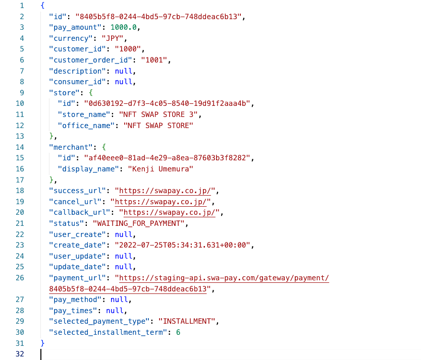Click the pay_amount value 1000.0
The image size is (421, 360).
tap(123, 27)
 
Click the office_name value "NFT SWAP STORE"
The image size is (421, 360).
tap(158, 126)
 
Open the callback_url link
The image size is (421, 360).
tap(170, 212)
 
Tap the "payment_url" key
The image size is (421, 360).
tap(78, 278)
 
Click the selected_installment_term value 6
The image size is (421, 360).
tap(178, 332)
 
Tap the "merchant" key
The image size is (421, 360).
tap(71, 147)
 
